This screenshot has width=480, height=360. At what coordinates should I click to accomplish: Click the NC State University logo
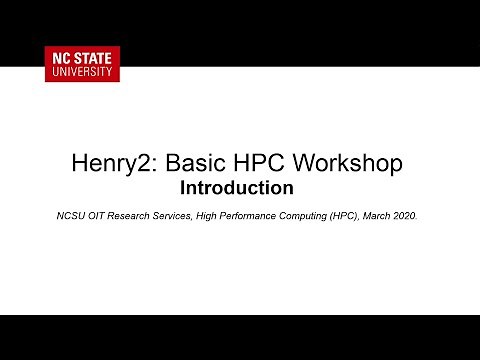point(82,63)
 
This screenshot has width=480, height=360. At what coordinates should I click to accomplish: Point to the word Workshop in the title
point(348,162)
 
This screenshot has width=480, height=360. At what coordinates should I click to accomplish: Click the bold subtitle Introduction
point(236,187)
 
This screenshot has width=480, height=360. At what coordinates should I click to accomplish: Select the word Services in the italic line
point(189,214)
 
